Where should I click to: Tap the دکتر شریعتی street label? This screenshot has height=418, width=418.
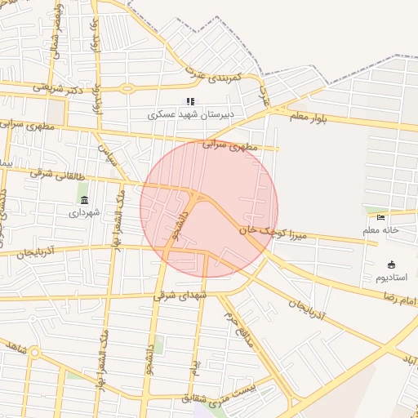(59, 87)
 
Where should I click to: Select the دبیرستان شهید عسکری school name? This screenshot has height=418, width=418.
(190, 115)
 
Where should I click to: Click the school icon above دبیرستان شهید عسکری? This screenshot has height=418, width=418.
(190, 102)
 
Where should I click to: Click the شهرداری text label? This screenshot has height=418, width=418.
(84, 211)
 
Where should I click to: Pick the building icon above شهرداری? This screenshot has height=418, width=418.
(84, 199)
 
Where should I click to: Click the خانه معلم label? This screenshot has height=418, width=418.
(380, 230)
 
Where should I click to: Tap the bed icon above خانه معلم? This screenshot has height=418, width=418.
(380, 217)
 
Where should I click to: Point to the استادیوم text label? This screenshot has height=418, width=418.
(391, 278)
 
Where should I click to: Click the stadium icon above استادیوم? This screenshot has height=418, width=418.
(391, 265)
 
